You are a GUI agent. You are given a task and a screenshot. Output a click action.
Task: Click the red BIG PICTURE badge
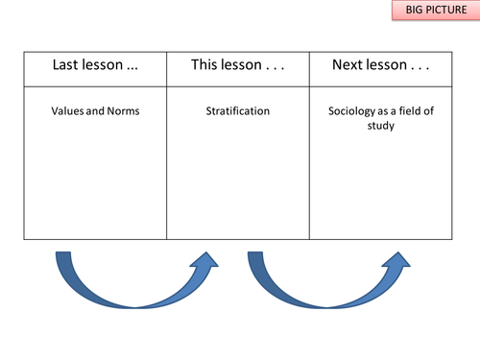[x=422, y=12]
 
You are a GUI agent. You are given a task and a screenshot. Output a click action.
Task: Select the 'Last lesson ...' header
[x=95, y=66]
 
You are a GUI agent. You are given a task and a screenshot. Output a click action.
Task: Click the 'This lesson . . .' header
[x=238, y=66]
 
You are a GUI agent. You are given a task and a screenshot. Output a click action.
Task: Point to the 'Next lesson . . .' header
[x=380, y=66]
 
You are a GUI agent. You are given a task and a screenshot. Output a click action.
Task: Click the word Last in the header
[x=72, y=66]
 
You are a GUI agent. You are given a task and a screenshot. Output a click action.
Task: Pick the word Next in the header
[x=350, y=66]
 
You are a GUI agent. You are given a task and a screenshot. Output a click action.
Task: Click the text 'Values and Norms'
[x=95, y=111]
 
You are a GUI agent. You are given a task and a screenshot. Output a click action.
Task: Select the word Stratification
[x=238, y=111]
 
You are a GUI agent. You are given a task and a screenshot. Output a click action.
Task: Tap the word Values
[x=68, y=111]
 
